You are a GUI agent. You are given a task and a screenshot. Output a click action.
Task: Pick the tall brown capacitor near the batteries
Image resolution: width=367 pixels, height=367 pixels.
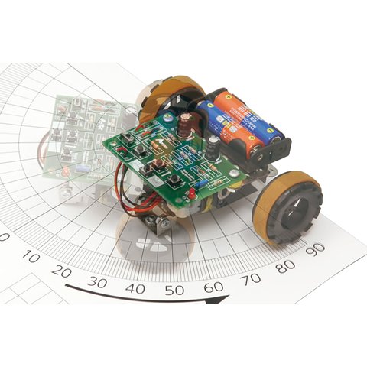(x=185, y=127)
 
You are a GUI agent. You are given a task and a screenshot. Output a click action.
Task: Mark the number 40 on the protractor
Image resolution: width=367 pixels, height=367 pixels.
(x=135, y=288)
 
